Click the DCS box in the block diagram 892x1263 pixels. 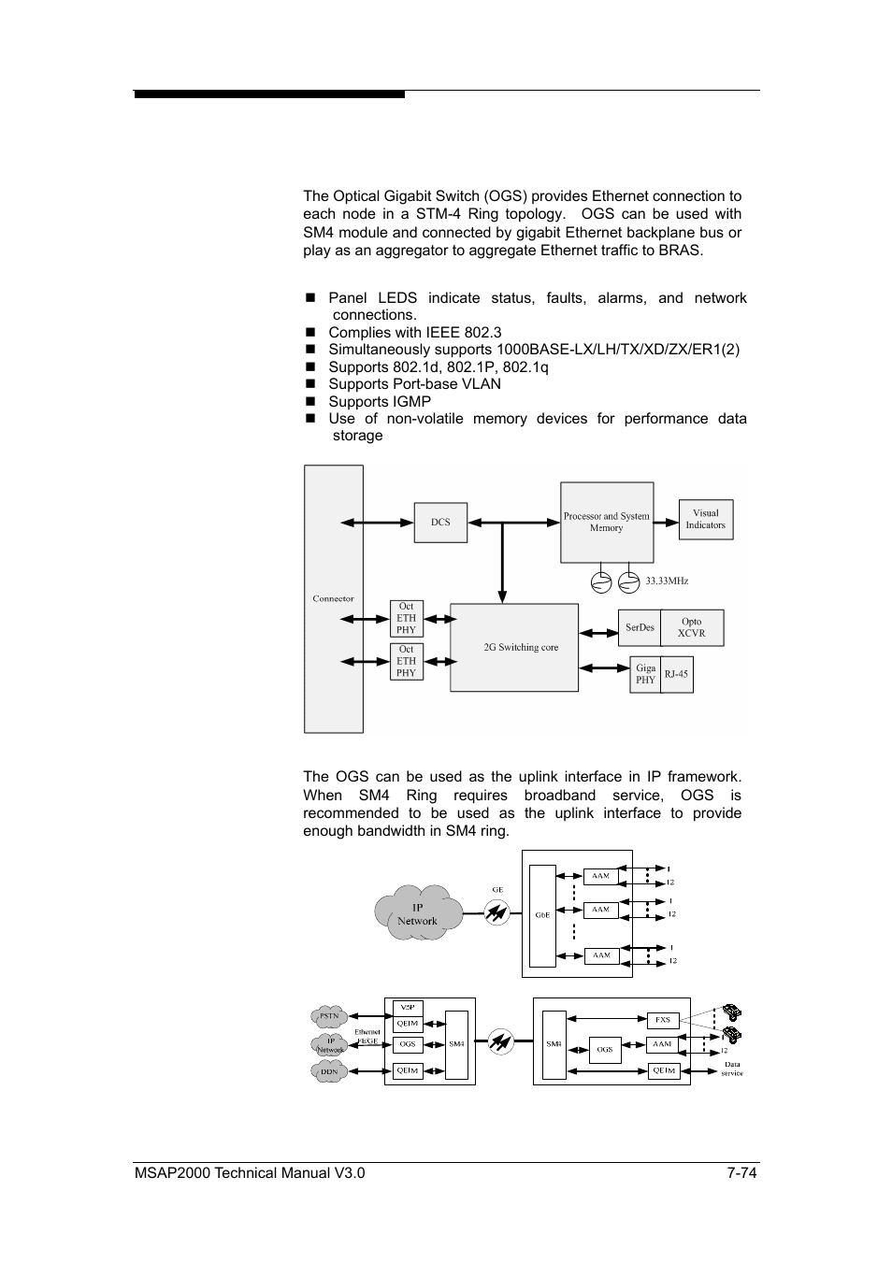coord(440,523)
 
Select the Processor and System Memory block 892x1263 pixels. coord(606,523)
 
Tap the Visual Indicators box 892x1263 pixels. coord(705,520)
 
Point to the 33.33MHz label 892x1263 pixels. coord(667,581)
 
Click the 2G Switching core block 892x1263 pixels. coord(514,647)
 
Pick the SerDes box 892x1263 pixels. coord(640,627)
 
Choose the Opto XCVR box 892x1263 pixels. coord(691,627)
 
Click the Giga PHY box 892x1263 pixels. coord(645,674)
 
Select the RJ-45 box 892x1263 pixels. coord(676,674)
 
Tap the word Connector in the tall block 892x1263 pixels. coord(334,598)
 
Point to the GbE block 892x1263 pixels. coord(542,915)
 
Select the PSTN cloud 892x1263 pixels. coord(329,1015)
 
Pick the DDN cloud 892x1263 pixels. coord(329,1071)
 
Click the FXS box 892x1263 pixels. coord(662,1020)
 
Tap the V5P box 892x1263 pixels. coord(407,1008)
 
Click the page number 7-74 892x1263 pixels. coord(741,1173)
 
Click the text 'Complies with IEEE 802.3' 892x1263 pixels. coord(414,332)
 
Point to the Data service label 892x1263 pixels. coord(732,1069)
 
